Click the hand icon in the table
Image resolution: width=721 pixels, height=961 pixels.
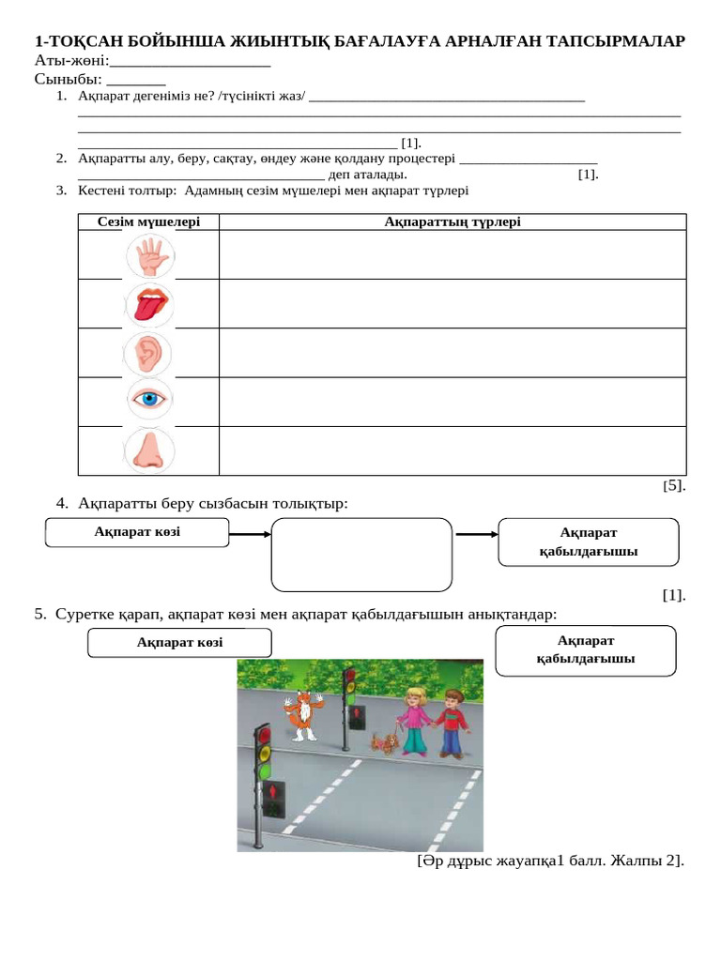(148, 254)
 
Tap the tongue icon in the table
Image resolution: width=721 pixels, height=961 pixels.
(148, 304)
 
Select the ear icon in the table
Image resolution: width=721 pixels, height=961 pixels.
(148, 353)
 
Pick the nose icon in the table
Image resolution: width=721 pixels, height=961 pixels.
(148, 450)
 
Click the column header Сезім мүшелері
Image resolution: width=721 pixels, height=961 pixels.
(148, 221)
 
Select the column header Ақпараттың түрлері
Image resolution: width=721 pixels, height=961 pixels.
(452, 221)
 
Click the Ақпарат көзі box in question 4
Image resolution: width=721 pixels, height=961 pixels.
(137, 532)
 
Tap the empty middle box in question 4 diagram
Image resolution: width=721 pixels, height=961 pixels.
(361, 555)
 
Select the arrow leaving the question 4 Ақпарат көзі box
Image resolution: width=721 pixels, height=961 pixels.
(250, 534)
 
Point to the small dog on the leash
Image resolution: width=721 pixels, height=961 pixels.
(384, 743)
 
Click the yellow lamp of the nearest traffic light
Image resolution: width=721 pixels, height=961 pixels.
(265, 752)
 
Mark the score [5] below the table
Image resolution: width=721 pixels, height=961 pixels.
(674, 485)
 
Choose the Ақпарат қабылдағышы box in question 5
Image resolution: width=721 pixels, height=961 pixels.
(585, 649)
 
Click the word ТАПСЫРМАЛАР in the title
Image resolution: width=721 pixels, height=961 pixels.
(611, 41)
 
